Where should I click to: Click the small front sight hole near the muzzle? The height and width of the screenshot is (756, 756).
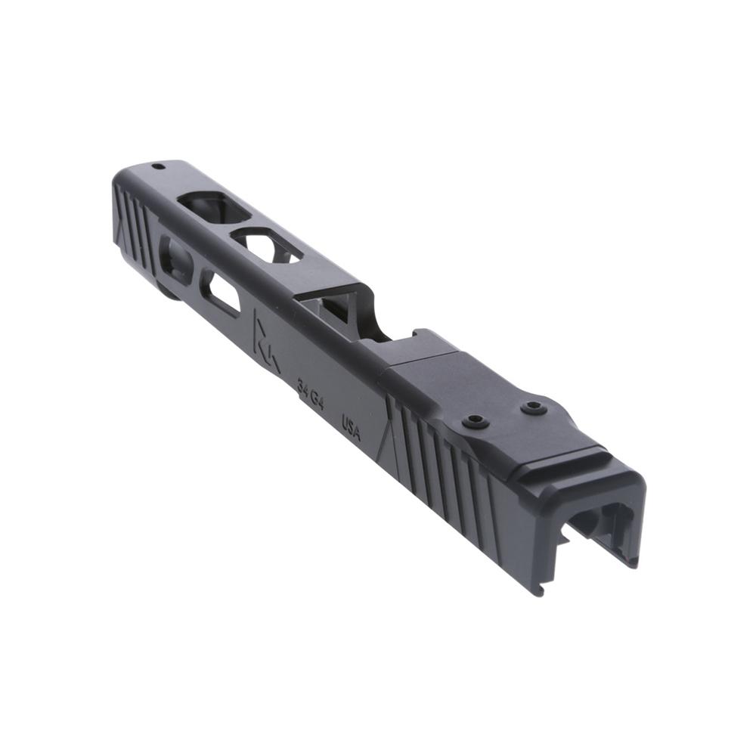tap(158, 166)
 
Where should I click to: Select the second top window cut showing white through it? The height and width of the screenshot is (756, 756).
tap(265, 245)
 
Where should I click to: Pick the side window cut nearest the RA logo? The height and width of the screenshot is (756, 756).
tap(225, 295)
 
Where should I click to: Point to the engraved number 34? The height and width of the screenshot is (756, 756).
tap(303, 390)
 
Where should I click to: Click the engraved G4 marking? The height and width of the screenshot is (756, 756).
tap(318, 401)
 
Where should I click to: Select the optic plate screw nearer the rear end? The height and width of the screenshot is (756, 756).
tap(534, 408)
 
